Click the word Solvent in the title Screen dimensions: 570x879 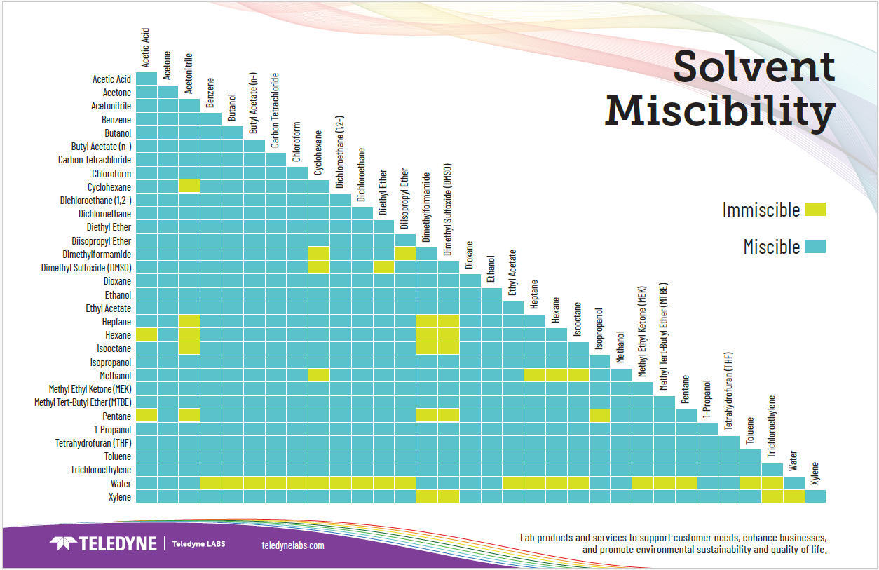tap(754, 67)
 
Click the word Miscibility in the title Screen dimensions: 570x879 tap(720, 110)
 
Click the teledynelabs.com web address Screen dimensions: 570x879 tap(292, 545)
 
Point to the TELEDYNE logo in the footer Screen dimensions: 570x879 tap(103, 543)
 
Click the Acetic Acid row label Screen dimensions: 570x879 tap(111, 79)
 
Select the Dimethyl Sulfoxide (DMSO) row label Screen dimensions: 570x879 tap(86, 267)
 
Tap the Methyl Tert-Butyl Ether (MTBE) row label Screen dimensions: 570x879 tap(83, 402)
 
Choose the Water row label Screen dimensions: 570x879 tap(121, 483)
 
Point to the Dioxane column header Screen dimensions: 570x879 tap(470, 256)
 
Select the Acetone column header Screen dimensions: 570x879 tap(168, 65)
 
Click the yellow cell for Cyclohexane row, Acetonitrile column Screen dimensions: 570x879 tap(189, 186)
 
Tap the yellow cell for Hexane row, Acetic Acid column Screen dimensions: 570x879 tap(146, 334)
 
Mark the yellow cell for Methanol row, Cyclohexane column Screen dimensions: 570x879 tap(318, 375)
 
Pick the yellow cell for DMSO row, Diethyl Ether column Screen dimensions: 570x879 tap(383, 267)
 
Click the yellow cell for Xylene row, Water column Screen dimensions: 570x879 tap(793, 496)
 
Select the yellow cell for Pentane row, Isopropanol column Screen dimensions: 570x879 tap(599, 415)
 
